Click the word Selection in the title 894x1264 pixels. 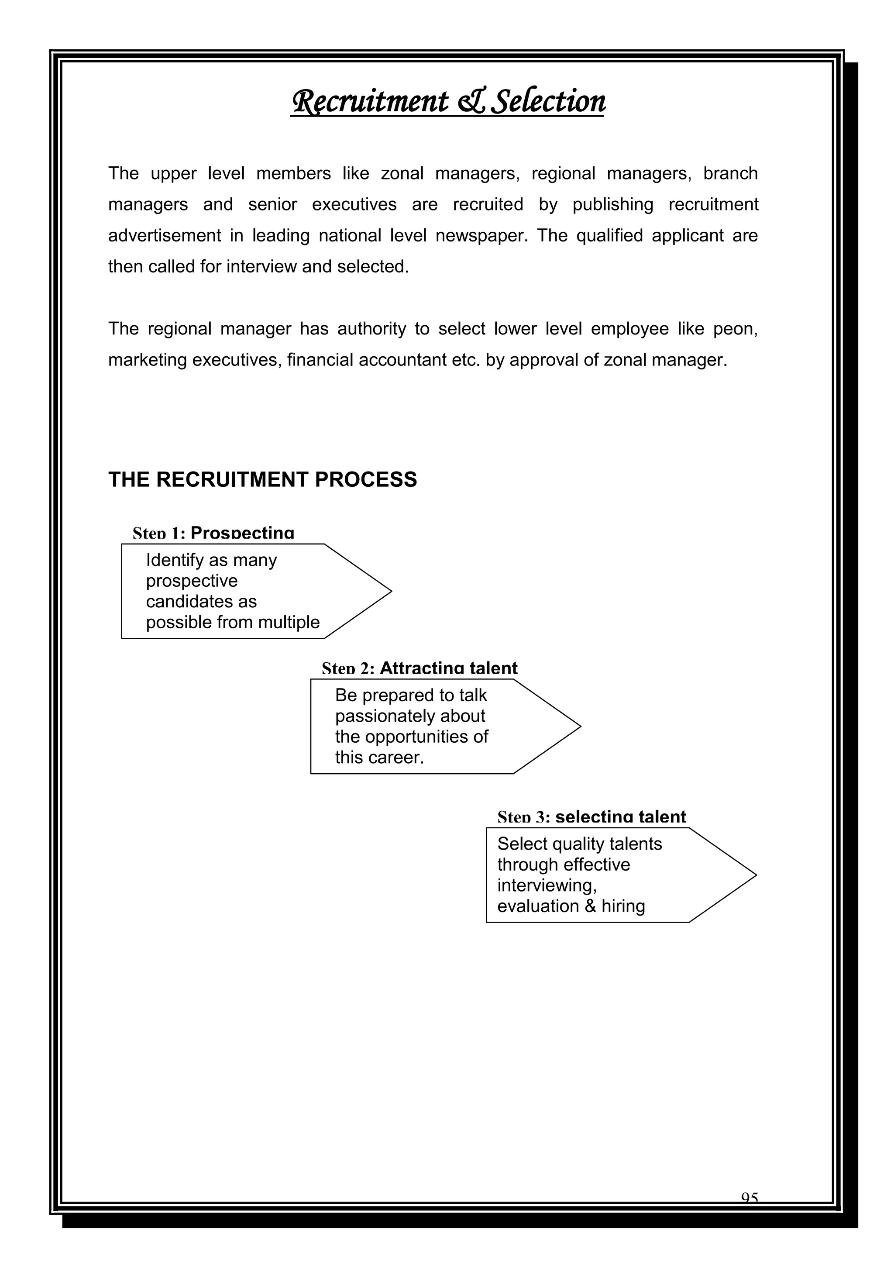pyautogui.click(x=548, y=103)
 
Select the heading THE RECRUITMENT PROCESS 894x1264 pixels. pyautogui.click(x=263, y=479)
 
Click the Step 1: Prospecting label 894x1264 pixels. pyautogui.click(x=213, y=533)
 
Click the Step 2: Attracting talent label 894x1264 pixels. pyautogui.click(x=419, y=668)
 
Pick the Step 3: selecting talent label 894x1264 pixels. pyautogui.click(x=592, y=817)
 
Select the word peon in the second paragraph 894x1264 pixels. pyautogui.click(x=735, y=329)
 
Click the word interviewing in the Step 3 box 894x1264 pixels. pyautogui.click(x=546, y=886)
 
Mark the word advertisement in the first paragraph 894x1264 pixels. pyautogui.click(x=162, y=236)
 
